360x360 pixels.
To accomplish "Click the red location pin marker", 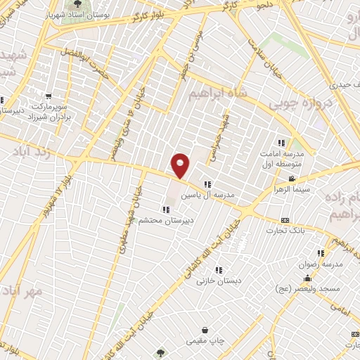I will pos(181,166).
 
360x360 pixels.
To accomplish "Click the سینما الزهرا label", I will pos(292,190).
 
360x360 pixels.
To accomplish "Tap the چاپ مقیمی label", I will pos(204,340).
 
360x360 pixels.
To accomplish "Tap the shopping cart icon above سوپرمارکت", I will pos(49,96).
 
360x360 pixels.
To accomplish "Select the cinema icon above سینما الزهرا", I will pos(292,179).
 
